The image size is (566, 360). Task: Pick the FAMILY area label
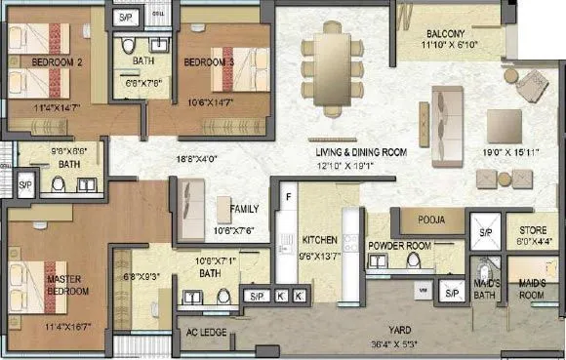click(244, 208)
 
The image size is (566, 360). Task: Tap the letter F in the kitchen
click(289, 197)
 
